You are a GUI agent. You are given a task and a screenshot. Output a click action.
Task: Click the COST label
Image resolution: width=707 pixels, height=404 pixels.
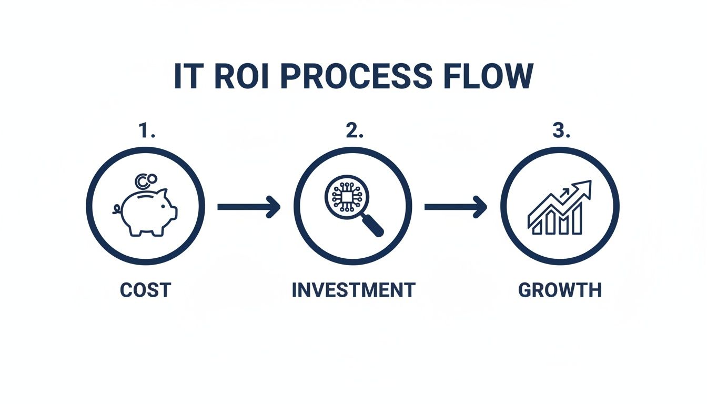click(145, 290)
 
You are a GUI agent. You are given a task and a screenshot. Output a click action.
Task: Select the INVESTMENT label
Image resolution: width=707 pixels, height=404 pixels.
click(353, 290)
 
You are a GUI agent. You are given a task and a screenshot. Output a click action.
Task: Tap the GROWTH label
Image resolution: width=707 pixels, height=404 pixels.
click(560, 290)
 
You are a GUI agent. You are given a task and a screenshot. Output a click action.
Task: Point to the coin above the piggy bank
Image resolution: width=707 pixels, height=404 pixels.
click(142, 181)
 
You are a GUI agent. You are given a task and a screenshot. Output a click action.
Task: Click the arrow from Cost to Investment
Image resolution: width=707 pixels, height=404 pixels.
click(248, 207)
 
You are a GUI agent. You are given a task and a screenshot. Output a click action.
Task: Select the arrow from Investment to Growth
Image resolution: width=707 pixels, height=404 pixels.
click(456, 207)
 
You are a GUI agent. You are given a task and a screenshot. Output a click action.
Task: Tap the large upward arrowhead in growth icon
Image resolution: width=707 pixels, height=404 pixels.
click(584, 188)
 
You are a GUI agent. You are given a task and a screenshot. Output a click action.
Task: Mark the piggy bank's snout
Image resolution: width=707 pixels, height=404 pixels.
click(173, 212)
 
